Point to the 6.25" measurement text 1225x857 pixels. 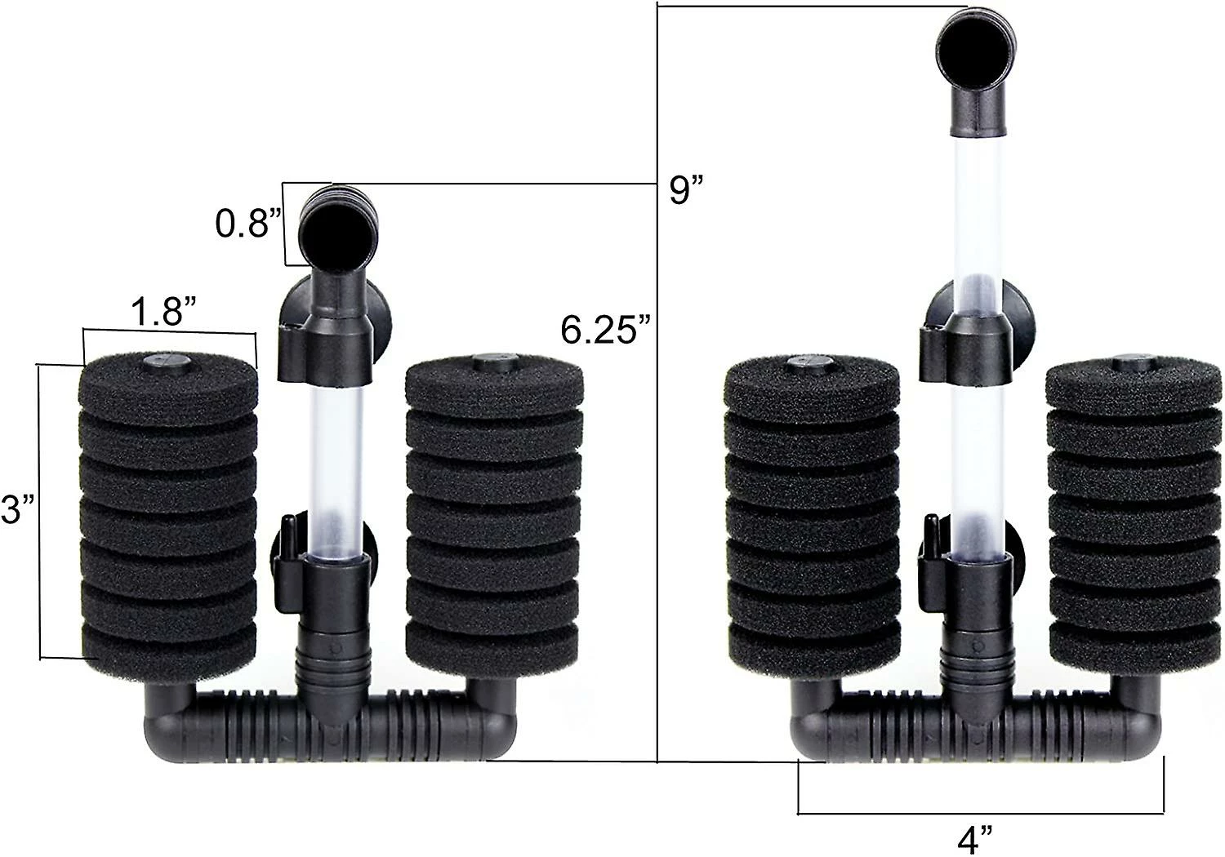[x=606, y=330]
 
